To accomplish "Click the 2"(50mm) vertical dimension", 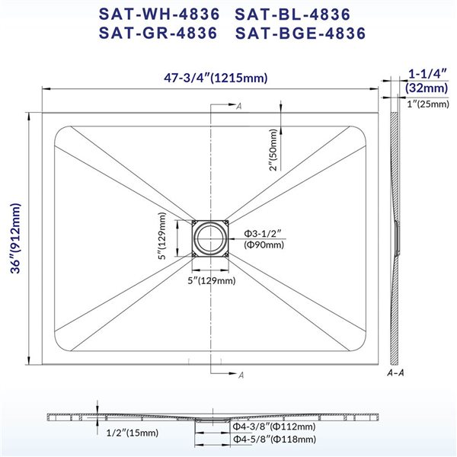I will tap(273, 150).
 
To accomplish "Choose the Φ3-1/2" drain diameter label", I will tap(264, 232).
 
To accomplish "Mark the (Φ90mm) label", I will tap(264, 244).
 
